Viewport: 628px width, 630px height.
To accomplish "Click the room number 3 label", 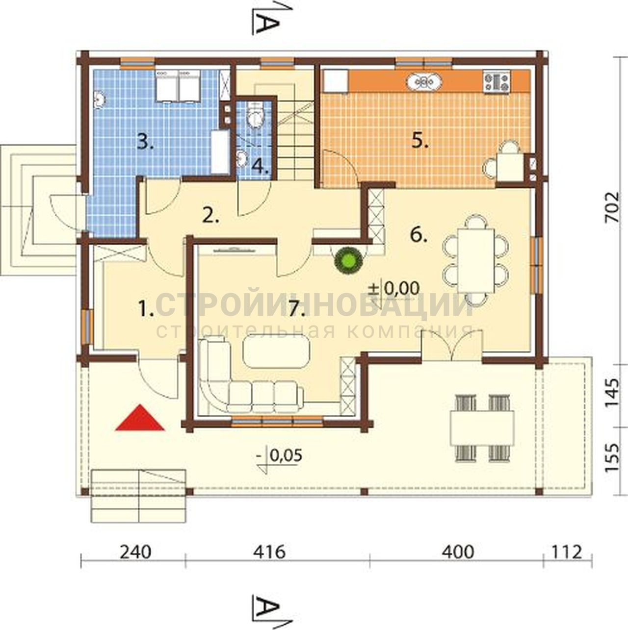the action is (145, 142).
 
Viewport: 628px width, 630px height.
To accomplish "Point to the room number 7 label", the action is (297, 309).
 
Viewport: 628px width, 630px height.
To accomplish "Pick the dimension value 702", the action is (611, 207).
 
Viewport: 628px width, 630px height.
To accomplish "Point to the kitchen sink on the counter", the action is (424, 82).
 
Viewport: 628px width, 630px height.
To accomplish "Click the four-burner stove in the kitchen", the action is (497, 82).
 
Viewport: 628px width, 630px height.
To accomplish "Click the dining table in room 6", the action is (475, 260).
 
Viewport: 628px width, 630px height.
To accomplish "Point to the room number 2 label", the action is (211, 215).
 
